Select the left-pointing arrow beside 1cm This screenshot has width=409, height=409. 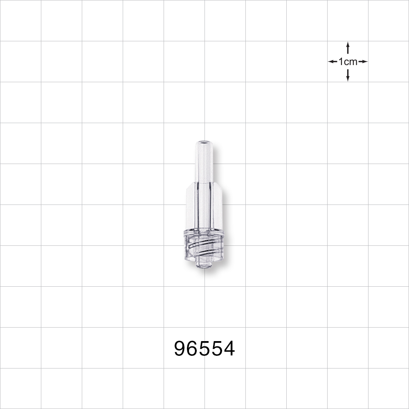coord(332,62)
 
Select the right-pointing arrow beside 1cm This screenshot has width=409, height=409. coord(363,62)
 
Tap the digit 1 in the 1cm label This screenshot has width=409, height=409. coord(341,62)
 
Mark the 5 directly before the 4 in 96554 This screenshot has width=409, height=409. coord(217,349)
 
